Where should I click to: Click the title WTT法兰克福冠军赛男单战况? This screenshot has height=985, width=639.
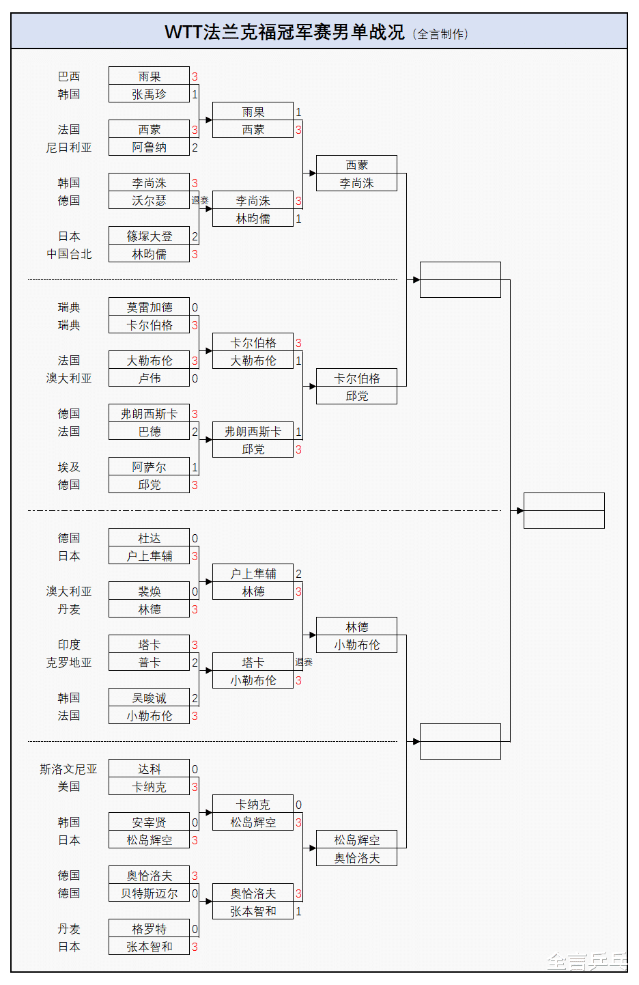(285, 32)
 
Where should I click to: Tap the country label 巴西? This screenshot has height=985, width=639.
(69, 77)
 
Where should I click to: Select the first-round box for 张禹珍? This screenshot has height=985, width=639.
(149, 94)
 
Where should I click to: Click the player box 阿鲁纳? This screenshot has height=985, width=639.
(149, 148)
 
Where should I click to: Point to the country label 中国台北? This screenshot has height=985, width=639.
(69, 254)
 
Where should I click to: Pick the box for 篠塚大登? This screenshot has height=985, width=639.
(149, 236)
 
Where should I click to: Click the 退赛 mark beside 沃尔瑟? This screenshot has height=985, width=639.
(200, 201)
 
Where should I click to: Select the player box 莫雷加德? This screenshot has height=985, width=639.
(149, 307)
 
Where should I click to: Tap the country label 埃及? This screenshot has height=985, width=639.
(69, 467)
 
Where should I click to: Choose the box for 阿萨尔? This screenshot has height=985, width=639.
(149, 467)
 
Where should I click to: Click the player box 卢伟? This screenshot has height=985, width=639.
(149, 378)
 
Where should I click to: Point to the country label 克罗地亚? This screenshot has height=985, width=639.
(69, 663)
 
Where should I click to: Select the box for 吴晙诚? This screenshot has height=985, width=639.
(149, 698)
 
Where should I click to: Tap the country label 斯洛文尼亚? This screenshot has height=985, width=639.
(68, 769)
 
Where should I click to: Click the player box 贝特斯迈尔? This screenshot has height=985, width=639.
(149, 893)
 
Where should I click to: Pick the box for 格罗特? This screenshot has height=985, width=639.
(149, 929)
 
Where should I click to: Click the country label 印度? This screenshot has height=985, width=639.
(69, 645)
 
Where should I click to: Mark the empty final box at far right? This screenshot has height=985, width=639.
(564, 510)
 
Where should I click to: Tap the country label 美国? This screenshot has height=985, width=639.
(69, 787)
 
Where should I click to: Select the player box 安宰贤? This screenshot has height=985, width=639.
(149, 822)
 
